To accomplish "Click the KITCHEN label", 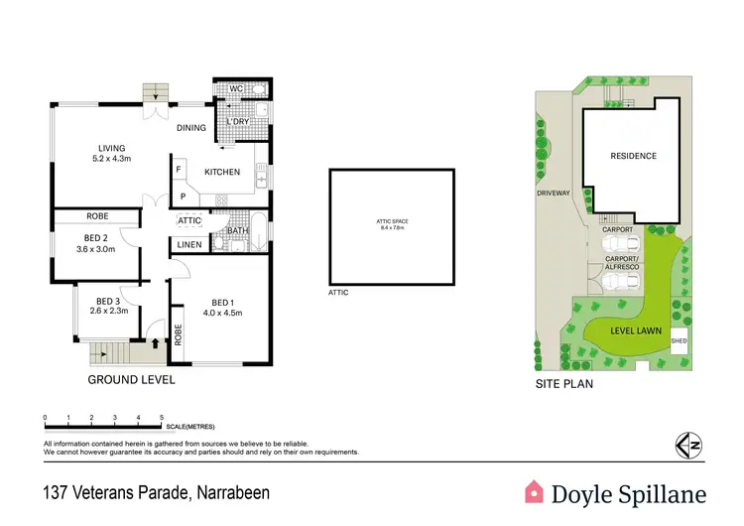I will pyautogui.click(x=222, y=173).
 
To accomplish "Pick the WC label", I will pyautogui.click(x=236, y=89).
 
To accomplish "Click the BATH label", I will pyautogui.click(x=238, y=231).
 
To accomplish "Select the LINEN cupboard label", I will pyautogui.click(x=190, y=245).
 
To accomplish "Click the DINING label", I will pyautogui.click(x=191, y=127).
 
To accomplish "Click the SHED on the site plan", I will pyautogui.click(x=679, y=340).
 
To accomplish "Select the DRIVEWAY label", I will pyautogui.click(x=554, y=194).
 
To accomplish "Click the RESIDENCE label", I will pyautogui.click(x=633, y=156).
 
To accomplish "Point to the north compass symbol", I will pyautogui.click(x=682, y=446).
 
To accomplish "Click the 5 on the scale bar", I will pyautogui.click(x=161, y=417).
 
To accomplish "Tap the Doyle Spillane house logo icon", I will pyautogui.click(x=535, y=491).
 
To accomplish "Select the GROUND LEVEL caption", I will pyautogui.click(x=132, y=379).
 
